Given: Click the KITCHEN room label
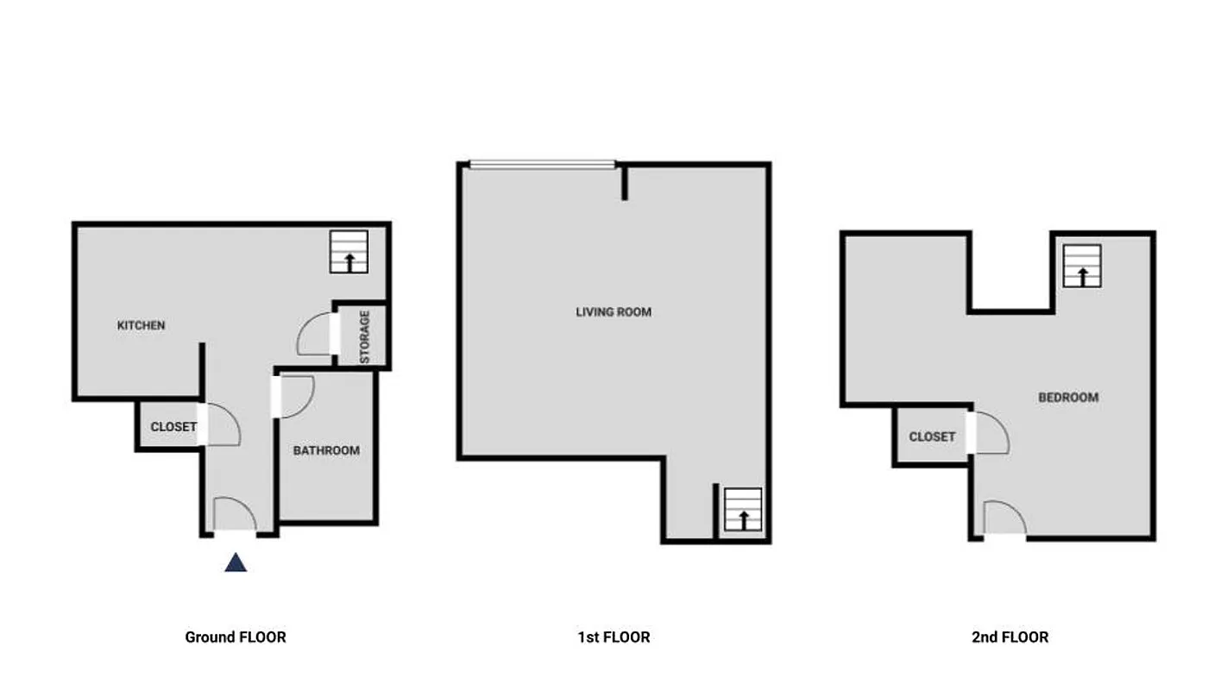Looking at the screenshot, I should (141, 326).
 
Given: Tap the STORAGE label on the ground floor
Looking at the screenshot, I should (365, 336).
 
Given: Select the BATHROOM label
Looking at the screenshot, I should (326, 450).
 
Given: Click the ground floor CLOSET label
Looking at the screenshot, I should (173, 427).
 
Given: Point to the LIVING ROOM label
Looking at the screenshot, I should (613, 312).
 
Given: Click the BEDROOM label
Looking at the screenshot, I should (1068, 398).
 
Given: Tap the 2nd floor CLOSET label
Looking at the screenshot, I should (932, 437).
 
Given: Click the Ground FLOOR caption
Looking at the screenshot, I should (236, 637).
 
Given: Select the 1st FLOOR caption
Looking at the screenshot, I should (613, 637).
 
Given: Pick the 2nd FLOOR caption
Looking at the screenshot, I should (1010, 637).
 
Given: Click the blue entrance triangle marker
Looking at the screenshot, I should (236, 563).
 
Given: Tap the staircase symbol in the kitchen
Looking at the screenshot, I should (349, 252).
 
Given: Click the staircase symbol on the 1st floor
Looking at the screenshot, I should (742, 510).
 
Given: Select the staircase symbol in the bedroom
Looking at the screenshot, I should (1082, 266).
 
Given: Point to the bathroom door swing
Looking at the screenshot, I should (296, 397).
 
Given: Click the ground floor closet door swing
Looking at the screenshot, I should (222, 425).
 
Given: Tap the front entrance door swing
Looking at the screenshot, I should (234, 516).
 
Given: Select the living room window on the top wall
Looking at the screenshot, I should (542, 164).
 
